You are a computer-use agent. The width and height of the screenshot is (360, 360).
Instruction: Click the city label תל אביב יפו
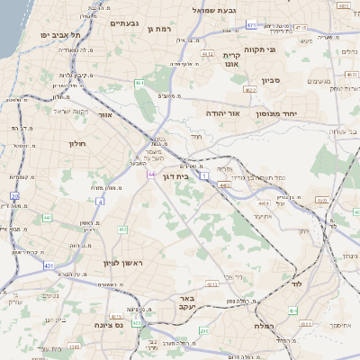point(60,34)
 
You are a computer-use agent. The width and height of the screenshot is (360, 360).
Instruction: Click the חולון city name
point(76,143)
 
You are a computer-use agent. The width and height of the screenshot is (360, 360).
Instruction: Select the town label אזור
point(106,116)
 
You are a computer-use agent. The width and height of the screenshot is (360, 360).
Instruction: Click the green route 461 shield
point(139,83)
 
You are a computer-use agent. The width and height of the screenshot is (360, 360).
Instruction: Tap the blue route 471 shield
point(275,24)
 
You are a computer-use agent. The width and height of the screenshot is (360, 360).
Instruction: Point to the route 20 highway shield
point(14,195)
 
